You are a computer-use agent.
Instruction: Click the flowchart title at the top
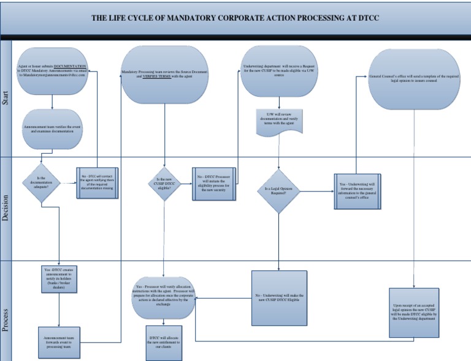(x=235, y=18)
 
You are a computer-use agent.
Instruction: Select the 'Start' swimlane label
(x=6, y=99)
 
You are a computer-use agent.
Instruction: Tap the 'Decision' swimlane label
(x=6, y=208)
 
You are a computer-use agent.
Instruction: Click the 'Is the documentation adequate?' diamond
(x=41, y=182)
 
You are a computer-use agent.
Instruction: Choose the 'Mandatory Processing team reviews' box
(x=164, y=75)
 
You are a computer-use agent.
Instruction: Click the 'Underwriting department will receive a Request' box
(x=280, y=72)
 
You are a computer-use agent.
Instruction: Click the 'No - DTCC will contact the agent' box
(x=97, y=183)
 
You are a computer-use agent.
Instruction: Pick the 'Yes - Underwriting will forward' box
(x=358, y=192)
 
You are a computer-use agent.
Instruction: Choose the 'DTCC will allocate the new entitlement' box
(x=164, y=341)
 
